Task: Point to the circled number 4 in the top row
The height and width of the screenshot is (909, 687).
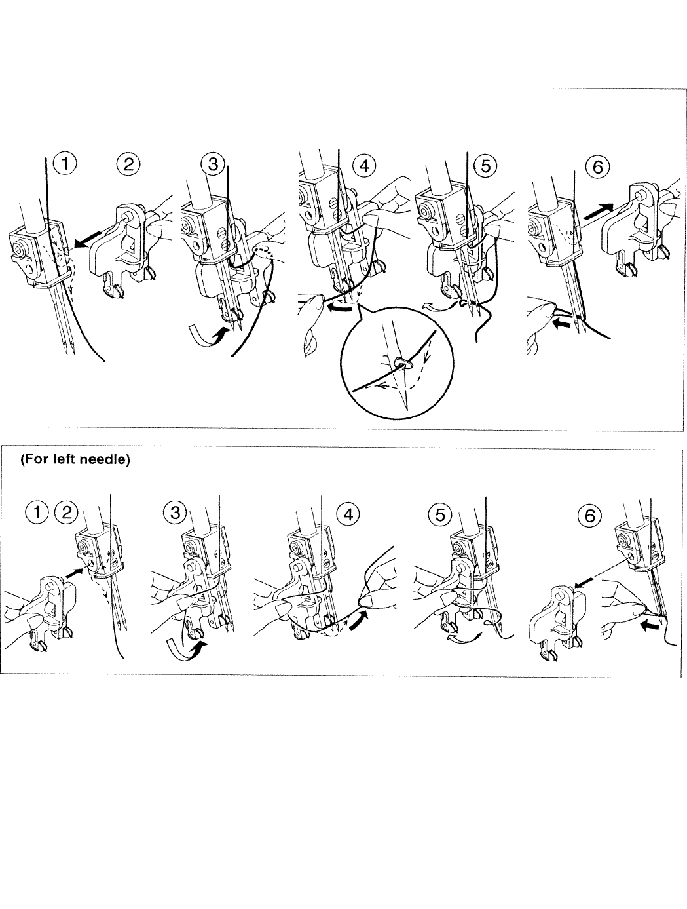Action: tap(364, 165)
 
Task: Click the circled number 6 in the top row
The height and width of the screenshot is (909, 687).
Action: tap(598, 166)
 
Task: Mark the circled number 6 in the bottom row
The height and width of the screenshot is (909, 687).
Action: tap(590, 516)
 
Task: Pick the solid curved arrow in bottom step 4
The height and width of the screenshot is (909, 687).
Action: tap(359, 618)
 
